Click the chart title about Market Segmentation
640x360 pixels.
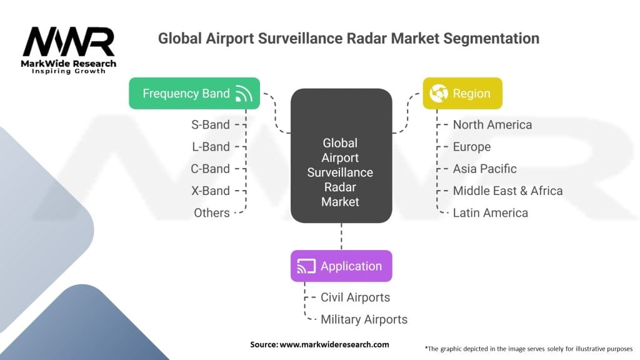[x=348, y=38]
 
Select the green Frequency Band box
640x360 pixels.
[x=194, y=94]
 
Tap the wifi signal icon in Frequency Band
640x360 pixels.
[x=244, y=94]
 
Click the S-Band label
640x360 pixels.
[x=211, y=125]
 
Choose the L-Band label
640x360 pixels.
[x=211, y=147]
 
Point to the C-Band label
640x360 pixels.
[x=211, y=169]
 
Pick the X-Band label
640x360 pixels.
[x=211, y=191]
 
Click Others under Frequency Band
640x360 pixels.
[x=212, y=212]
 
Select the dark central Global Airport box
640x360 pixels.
[x=341, y=156]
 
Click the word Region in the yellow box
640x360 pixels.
[x=471, y=94]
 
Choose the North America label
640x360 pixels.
[x=492, y=125]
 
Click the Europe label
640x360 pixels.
[x=471, y=147]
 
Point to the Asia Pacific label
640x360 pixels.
[x=484, y=169]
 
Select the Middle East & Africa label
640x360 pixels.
[x=507, y=191]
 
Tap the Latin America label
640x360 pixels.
[x=490, y=212]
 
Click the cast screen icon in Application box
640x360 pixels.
[x=306, y=266]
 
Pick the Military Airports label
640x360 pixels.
[x=364, y=319]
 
